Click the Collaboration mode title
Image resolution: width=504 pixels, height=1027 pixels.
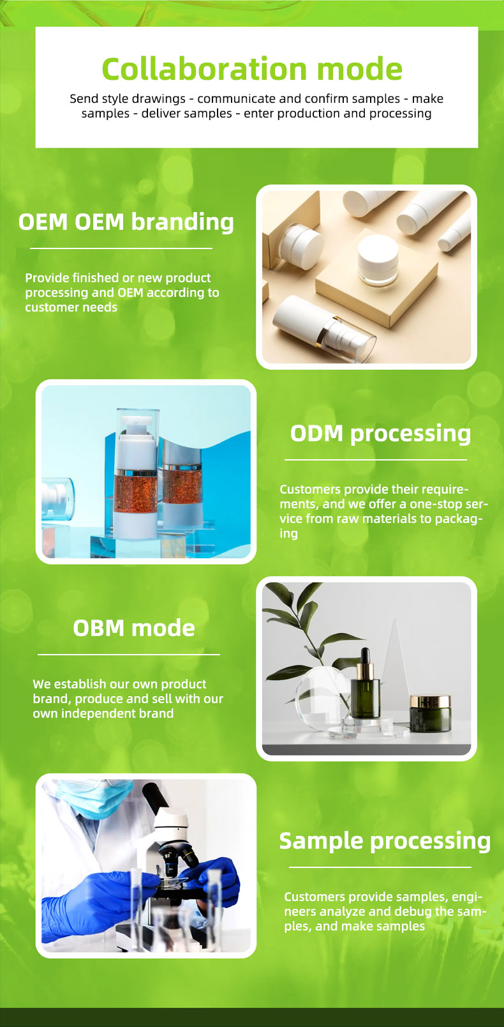(x=252, y=69)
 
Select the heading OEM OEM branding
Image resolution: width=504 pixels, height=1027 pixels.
(x=126, y=222)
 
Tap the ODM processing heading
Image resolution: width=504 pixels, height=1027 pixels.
(x=380, y=434)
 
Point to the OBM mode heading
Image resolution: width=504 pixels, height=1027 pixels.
(x=134, y=628)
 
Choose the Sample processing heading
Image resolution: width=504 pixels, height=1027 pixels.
(x=385, y=841)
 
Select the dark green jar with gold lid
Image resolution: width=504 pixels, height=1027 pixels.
(x=430, y=714)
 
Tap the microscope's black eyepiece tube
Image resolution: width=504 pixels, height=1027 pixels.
(x=155, y=798)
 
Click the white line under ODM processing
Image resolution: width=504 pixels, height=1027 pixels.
(x=375, y=460)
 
